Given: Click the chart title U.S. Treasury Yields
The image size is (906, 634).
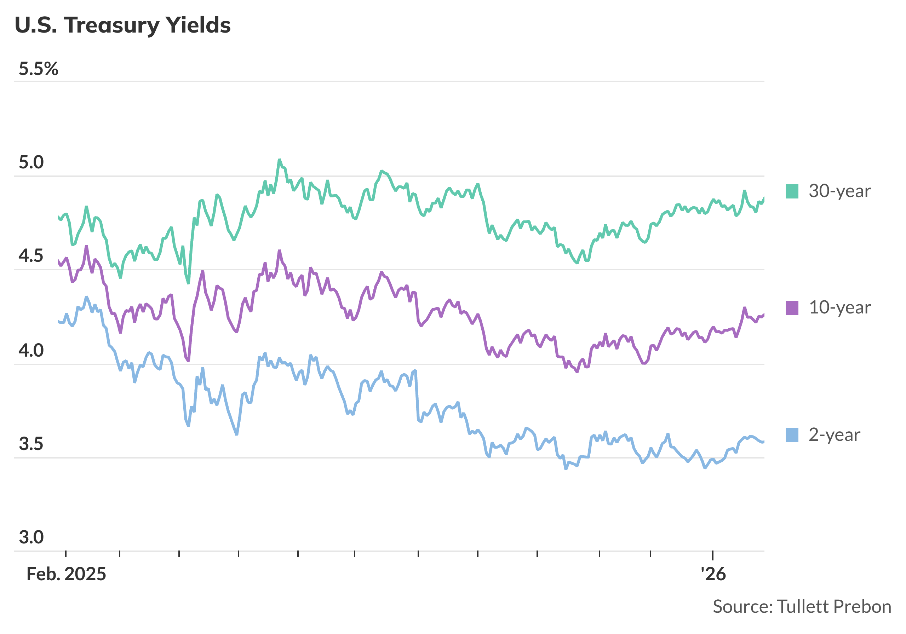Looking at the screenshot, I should pyautogui.click(x=122, y=25).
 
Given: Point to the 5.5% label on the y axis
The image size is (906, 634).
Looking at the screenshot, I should pyautogui.click(x=38, y=69).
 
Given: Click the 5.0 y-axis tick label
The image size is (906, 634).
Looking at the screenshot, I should pyautogui.click(x=31, y=162).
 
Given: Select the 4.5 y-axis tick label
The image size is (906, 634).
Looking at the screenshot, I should pyautogui.click(x=31, y=256).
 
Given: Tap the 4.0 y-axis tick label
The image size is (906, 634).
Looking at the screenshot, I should pyautogui.click(x=31, y=350).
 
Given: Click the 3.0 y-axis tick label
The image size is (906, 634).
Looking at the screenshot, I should pyautogui.click(x=31, y=537).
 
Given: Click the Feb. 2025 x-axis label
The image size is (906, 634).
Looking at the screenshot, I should pyautogui.click(x=66, y=574).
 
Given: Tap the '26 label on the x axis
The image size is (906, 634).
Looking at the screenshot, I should pyautogui.click(x=713, y=574).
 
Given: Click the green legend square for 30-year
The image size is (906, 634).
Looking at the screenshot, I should pyautogui.click(x=792, y=191).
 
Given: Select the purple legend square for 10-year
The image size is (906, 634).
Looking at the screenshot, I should pyautogui.click(x=792, y=308).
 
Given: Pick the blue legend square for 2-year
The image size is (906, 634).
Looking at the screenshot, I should pyautogui.click(x=792, y=435).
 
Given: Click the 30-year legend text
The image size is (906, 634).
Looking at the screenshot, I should pyautogui.click(x=839, y=191).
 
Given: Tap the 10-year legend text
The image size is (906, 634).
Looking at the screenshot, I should pyautogui.click(x=839, y=308).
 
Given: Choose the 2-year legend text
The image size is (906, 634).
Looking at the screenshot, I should pyautogui.click(x=834, y=435).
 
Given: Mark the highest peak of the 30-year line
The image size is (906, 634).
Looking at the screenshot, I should pyautogui.click(x=279, y=160).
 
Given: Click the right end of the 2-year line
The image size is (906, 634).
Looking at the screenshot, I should pyautogui.click(x=763, y=442).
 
